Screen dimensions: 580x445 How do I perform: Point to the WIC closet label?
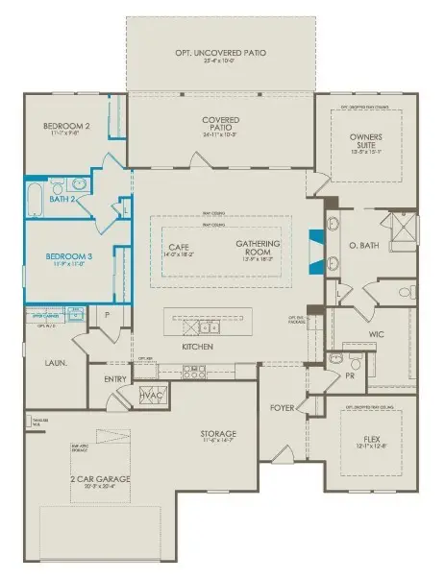[377, 336]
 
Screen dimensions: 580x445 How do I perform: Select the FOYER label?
[282, 407]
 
